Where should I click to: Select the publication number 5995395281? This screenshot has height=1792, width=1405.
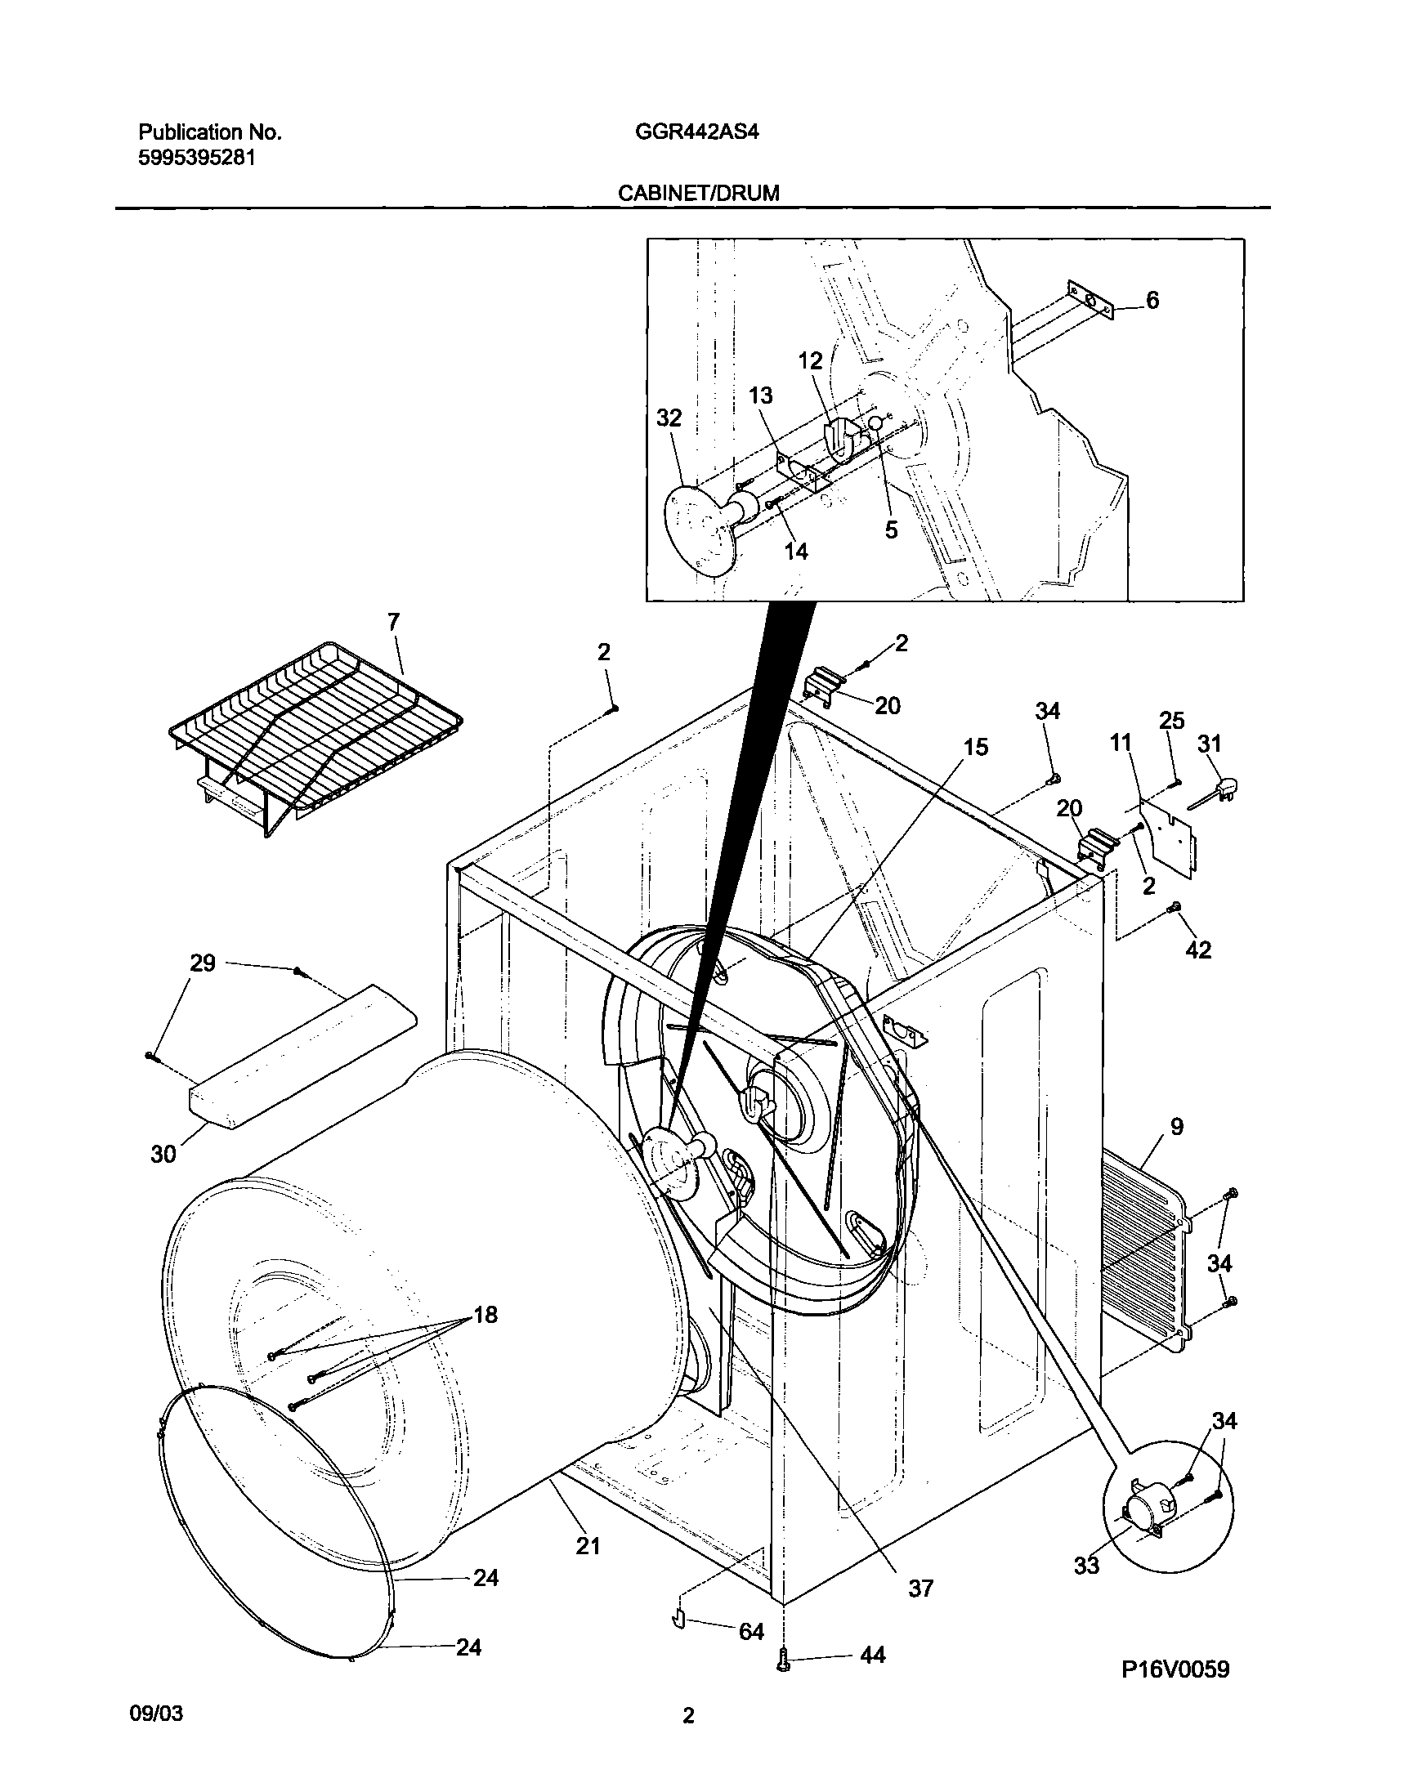[197, 158]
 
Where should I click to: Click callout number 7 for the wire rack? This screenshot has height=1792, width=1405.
[394, 622]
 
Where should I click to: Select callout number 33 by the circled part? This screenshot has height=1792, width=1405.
[1087, 1565]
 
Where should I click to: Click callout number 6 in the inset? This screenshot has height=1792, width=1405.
[1152, 301]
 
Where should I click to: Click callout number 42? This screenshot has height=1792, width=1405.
[1198, 950]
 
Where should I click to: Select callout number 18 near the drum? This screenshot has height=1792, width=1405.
[485, 1315]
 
